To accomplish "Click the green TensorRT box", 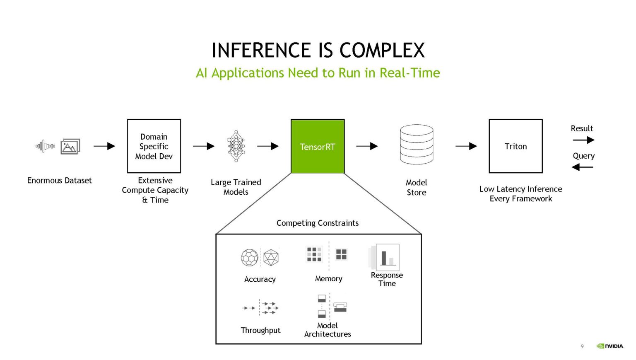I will (x=318, y=146).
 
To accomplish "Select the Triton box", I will (x=516, y=146).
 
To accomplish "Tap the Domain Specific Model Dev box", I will (x=154, y=146).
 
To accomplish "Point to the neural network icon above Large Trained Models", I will (x=236, y=146).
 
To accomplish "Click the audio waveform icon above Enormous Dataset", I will (x=45, y=146).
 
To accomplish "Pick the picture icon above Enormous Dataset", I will (x=70, y=146).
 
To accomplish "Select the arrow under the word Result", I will (x=583, y=140).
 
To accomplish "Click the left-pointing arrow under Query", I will (x=582, y=167).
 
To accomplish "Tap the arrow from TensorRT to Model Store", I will (x=367, y=146).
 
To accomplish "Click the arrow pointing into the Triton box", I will (x=466, y=146).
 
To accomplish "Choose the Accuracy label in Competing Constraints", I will (x=260, y=279).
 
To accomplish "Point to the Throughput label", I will (x=260, y=330).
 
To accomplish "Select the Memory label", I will (x=328, y=279).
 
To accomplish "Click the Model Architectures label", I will (x=328, y=330).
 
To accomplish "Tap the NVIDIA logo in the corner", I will (x=610, y=346).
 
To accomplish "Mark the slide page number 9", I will (x=582, y=346).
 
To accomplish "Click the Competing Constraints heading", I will (x=318, y=223).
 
